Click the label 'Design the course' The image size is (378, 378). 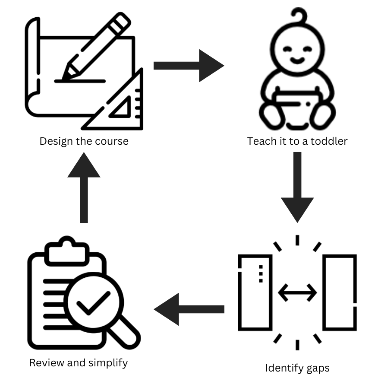pyautogui.click(x=84, y=141)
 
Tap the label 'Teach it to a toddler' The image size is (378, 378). pyautogui.click(x=297, y=141)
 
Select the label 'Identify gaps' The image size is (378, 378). pyautogui.click(x=297, y=368)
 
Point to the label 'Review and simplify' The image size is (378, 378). pyautogui.click(x=78, y=362)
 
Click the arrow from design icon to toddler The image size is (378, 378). pyautogui.click(x=189, y=66)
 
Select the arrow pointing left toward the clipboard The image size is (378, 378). pyautogui.click(x=189, y=309)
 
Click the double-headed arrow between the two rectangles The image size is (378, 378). pyautogui.click(x=297, y=293)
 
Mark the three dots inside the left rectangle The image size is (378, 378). pyautogui.click(x=261, y=274)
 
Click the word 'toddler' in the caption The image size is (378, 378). pyautogui.click(x=330, y=141)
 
